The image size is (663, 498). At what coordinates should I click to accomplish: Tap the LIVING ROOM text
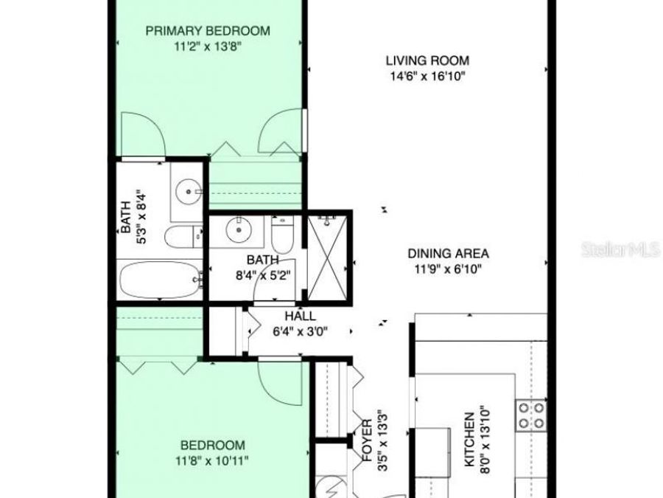[428, 61]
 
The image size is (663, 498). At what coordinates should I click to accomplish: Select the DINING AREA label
[448, 254]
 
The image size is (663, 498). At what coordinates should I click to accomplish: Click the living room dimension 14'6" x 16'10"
[428, 76]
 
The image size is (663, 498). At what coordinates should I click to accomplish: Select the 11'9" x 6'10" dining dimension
[448, 269]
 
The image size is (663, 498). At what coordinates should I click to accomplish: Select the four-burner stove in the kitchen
[530, 415]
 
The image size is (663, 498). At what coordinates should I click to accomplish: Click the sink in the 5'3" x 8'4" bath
[190, 192]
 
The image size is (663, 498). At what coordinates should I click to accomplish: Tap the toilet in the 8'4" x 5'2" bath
[282, 235]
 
